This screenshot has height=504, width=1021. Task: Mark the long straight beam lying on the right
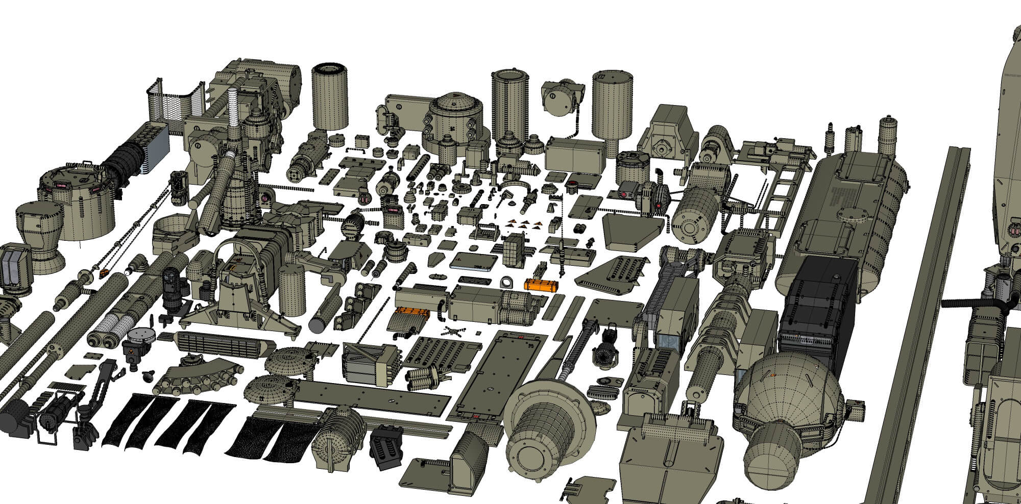[916, 316]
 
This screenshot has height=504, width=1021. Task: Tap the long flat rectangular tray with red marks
[505, 375]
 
